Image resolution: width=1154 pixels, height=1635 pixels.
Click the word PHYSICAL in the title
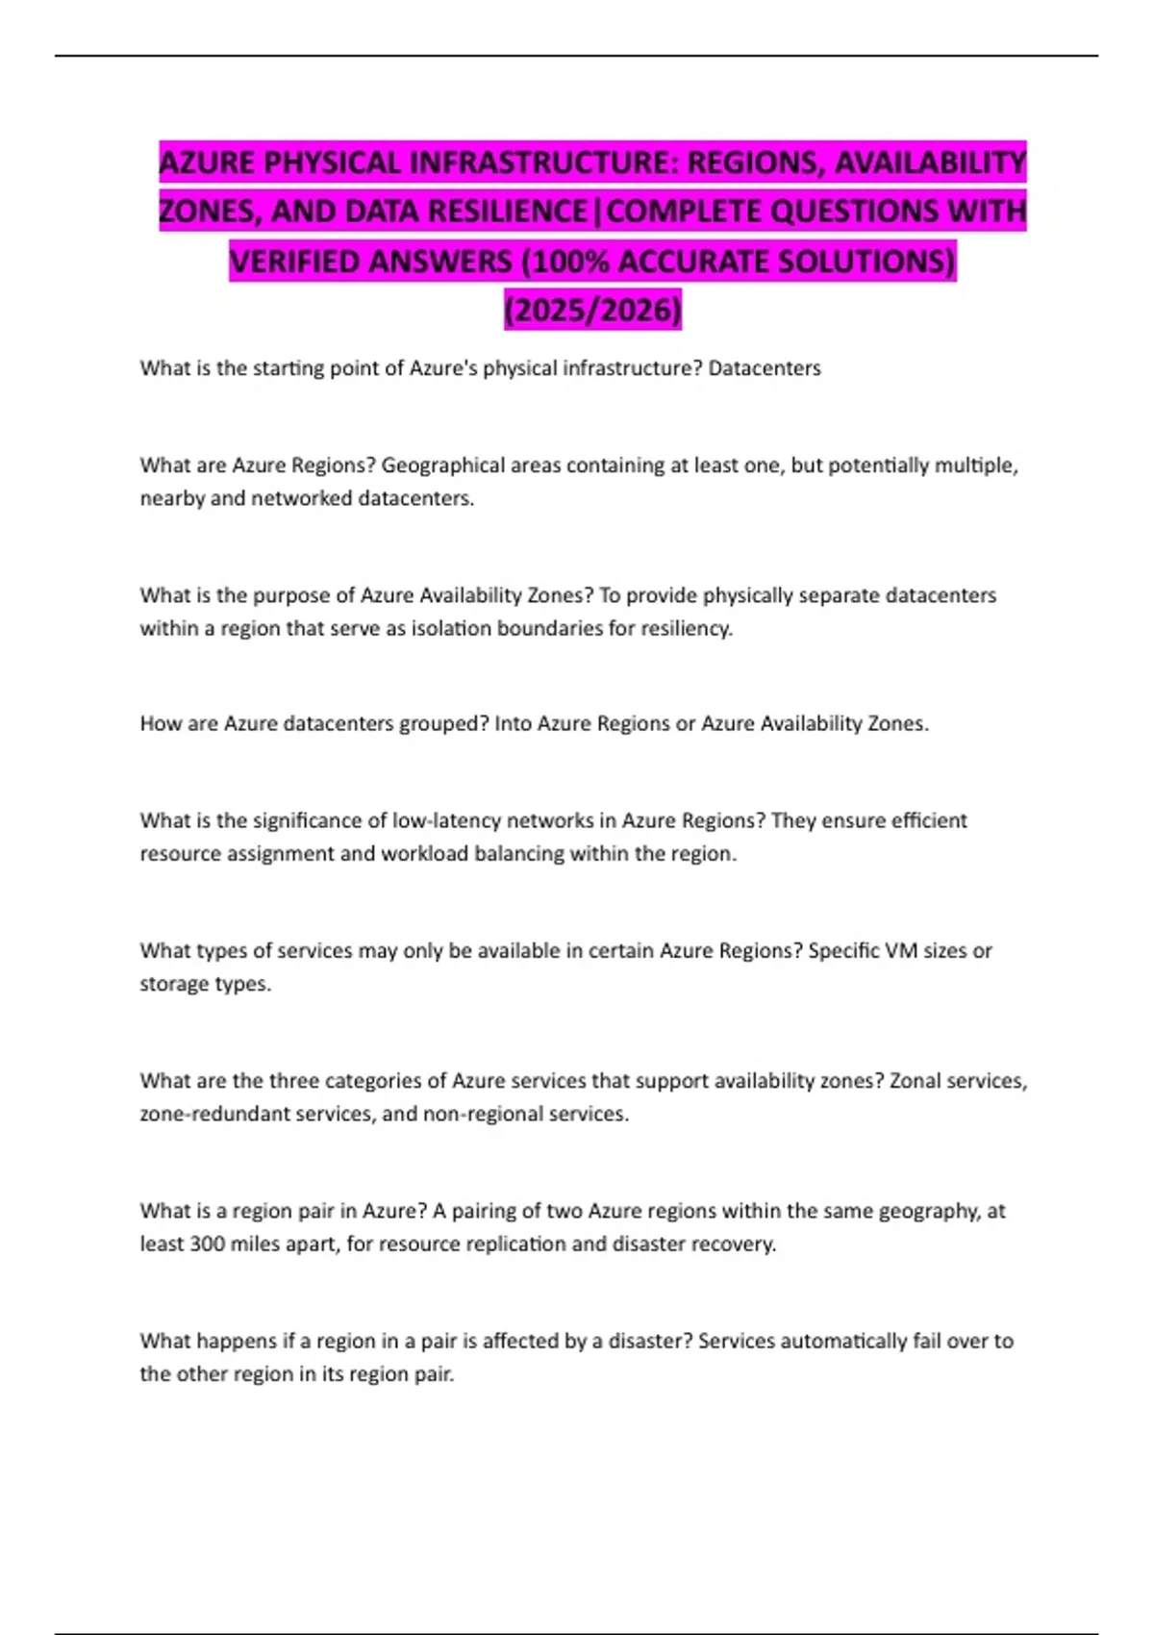[331, 163]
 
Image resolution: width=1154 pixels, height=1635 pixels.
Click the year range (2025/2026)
[592, 310]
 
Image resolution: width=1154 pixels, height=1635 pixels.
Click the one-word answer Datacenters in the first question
[765, 368]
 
